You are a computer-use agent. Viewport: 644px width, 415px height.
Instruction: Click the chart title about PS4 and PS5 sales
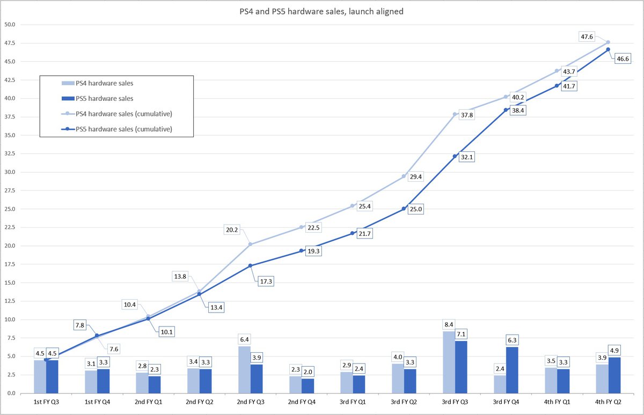[x=322, y=11]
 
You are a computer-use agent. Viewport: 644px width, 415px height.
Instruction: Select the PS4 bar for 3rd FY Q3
[x=449, y=362]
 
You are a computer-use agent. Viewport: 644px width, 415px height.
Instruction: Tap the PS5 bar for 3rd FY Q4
[x=511, y=370]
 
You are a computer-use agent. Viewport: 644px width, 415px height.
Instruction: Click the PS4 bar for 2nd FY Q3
[x=244, y=369]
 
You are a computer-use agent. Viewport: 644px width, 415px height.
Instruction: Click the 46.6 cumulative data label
[x=623, y=59]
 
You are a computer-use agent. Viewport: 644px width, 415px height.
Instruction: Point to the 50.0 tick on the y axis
[x=11, y=25]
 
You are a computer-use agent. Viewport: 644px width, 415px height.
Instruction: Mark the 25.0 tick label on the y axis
[x=11, y=209]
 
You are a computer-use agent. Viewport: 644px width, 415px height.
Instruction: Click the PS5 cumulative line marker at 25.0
[x=403, y=209]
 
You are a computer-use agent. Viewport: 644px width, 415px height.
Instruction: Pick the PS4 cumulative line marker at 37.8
[x=455, y=114]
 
